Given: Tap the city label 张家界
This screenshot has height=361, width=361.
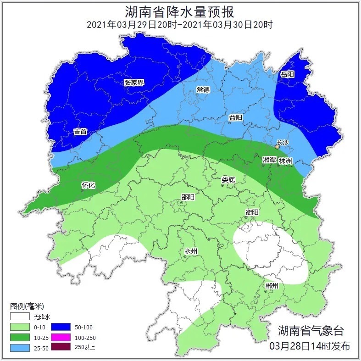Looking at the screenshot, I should [x=134, y=83].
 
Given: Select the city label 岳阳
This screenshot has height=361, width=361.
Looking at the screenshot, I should [x=287, y=74].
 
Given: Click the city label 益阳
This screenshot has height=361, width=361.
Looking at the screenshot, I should [x=235, y=118].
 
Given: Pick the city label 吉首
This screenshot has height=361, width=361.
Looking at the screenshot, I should [x=80, y=132].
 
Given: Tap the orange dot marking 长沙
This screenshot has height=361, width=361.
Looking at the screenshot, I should [x=277, y=147].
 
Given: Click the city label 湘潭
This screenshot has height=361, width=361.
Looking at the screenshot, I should [x=269, y=160].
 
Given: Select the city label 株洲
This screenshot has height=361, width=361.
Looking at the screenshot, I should [x=285, y=161].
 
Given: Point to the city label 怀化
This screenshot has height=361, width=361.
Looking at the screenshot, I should [x=88, y=185].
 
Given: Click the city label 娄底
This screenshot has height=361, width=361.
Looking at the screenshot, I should [x=228, y=179].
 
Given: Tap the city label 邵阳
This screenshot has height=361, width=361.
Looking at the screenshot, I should [x=188, y=197].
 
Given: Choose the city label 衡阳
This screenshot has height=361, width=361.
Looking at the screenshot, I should [x=252, y=212].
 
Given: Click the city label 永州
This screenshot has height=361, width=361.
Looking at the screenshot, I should [x=190, y=251].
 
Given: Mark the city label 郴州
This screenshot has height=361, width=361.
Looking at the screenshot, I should [x=272, y=286].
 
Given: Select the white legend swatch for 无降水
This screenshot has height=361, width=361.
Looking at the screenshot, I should [x=21, y=317].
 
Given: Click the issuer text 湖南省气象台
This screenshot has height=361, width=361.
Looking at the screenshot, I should [x=311, y=330].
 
